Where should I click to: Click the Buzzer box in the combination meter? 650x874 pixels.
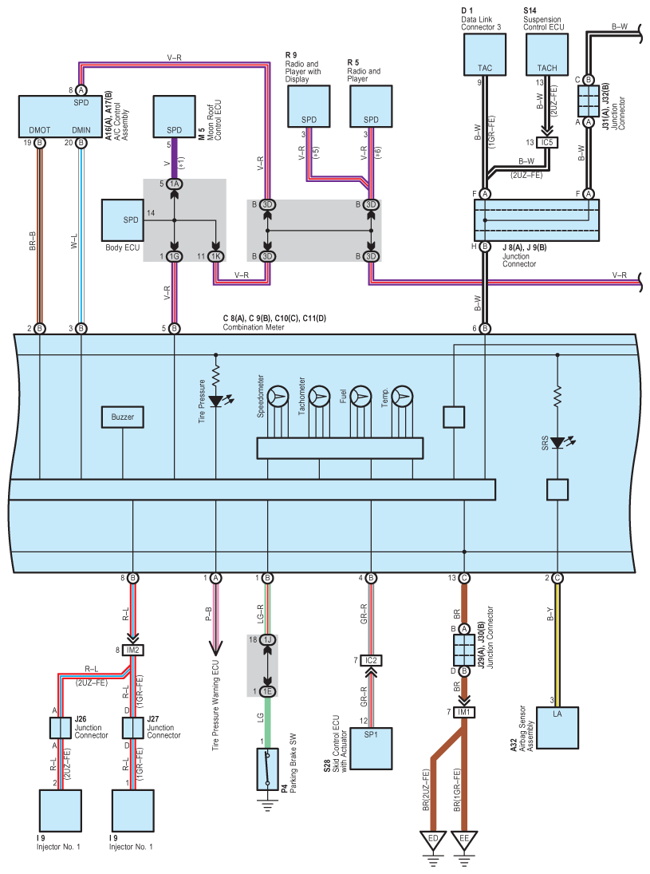tap(123, 417)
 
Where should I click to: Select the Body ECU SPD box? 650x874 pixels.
tap(123, 220)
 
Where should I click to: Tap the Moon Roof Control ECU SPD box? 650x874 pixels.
tap(175, 117)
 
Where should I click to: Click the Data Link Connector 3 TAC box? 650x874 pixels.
tap(485, 54)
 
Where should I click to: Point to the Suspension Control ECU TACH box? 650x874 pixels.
tap(547, 54)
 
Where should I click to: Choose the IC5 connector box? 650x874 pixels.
tap(547, 143)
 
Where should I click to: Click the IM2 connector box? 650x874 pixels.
tap(132, 650)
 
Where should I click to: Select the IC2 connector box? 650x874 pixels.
tap(371, 661)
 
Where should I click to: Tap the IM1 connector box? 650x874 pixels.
tap(464, 712)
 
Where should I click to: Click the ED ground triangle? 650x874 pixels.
tap(433, 840)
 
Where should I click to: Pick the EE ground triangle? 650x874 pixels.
tap(464, 840)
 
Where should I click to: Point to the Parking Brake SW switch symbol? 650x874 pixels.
tap(267, 769)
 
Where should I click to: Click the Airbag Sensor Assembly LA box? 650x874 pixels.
tap(557, 727)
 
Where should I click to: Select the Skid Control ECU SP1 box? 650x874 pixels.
tap(371, 748)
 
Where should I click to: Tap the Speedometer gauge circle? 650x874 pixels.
tap(278, 397)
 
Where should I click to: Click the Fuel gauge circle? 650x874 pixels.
tap(361, 397)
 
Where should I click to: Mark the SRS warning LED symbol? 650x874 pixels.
tap(558, 443)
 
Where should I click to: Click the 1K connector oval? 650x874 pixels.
tap(215, 256)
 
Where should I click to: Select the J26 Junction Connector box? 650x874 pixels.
tap(60, 727)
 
